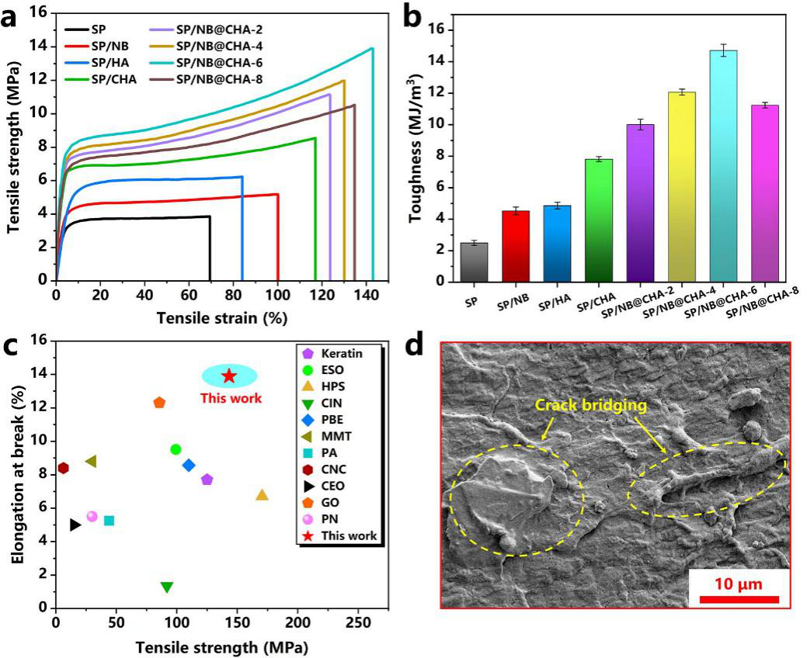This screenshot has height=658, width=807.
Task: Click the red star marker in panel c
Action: click(229, 376)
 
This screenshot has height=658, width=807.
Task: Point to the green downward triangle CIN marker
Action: click(166, 587)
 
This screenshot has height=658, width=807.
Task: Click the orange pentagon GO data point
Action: click(159, 403)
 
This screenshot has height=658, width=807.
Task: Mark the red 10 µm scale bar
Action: click(739, 598)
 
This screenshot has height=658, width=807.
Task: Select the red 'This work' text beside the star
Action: click(231, 399)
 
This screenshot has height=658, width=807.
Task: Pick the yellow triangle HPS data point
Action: click(262, 495)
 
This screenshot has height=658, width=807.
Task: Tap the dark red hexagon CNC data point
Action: click(63, 468)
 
